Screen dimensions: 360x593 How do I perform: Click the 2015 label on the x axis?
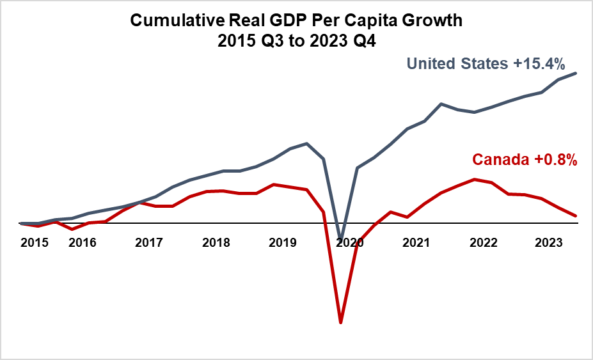34,243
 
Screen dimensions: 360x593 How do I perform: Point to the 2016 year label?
82,243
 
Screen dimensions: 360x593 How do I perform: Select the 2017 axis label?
148,243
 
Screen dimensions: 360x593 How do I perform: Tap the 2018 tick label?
216,243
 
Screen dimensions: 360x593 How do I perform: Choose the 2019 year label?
282,243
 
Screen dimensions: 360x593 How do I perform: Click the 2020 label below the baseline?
349,243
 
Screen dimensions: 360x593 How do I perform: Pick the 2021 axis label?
416,243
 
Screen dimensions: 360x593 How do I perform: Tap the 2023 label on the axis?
550,243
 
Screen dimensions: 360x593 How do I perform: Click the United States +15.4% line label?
486,63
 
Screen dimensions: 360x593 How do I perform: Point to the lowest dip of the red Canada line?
341,322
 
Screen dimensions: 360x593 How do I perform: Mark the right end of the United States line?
576,73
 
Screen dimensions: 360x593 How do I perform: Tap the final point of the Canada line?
576,216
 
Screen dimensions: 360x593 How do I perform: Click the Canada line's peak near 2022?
474,179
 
